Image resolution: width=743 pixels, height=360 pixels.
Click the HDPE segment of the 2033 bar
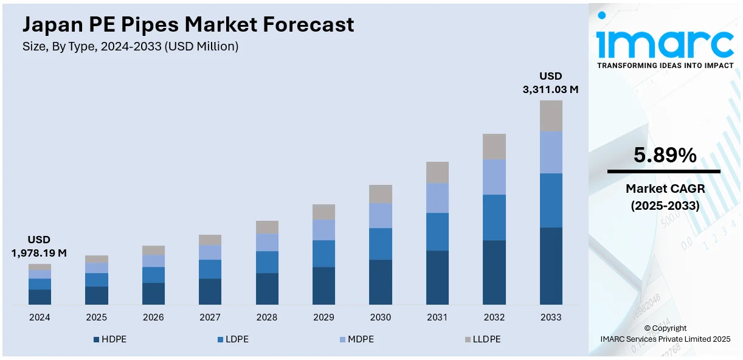(551, 266)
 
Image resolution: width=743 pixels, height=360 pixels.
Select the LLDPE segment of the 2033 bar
(551, 116)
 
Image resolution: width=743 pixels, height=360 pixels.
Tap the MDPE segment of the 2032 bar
(494, 177)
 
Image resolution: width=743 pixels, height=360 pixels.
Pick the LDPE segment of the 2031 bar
(437, 232)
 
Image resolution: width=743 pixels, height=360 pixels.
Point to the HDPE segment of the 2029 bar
(323, 285)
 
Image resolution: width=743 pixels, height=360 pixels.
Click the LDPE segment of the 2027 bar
(210, 269)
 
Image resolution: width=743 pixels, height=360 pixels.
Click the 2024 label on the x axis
(40, 317)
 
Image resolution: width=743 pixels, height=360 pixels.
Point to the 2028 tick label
(267, 317)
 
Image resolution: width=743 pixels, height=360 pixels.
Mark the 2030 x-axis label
(381, 317)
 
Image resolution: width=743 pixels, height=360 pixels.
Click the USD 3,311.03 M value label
(550, 83)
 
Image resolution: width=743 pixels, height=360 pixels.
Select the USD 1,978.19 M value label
(39, 246)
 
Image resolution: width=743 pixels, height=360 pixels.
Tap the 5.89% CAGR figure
(665, 156)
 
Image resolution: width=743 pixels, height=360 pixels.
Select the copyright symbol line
(665, 328)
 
